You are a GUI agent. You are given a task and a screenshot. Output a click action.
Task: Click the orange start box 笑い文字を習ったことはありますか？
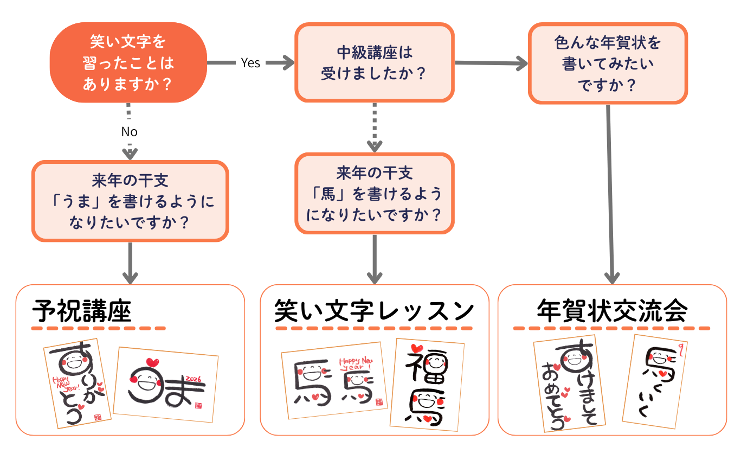[x=128, y=62]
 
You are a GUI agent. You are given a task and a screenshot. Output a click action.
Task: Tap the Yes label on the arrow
[x=250, y=63]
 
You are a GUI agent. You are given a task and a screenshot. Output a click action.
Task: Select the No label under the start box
[x=129, y=132]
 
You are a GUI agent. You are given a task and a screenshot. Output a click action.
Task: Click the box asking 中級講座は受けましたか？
[x=374, y=62]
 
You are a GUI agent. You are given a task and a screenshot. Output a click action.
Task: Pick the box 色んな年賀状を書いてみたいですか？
[x=608, y=63]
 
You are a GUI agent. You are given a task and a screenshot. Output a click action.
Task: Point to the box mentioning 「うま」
[x=130, y=201]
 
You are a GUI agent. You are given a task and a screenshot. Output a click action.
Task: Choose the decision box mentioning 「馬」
[x=374, y=193]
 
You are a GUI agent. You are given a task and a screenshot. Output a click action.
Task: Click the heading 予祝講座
[x=82, y=311]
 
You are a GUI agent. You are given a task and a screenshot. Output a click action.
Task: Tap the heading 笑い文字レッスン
[x=374, y=311]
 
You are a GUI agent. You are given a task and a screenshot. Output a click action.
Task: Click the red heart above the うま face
[x=152, y=362]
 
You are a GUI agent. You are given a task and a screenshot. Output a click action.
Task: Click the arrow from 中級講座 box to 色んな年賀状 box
[x=491, y=63]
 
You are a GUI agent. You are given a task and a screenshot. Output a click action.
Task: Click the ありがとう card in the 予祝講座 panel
[x=78, y=383]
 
